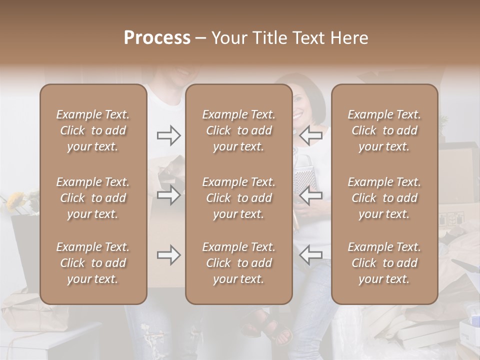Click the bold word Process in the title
click(157, 38)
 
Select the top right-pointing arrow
click(168, 135)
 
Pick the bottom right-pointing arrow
click(168, 255)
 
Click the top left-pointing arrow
click(311, 135)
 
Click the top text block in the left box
click(93, 130)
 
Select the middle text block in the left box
click(93, 198)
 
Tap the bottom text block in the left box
click(93, 263)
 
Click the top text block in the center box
click(238, 130)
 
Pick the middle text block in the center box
click(238, 198)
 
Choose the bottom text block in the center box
click(238, 263)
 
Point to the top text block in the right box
click(384, 130)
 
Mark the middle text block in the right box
click(384, 198)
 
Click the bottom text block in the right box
click(384, 263)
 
